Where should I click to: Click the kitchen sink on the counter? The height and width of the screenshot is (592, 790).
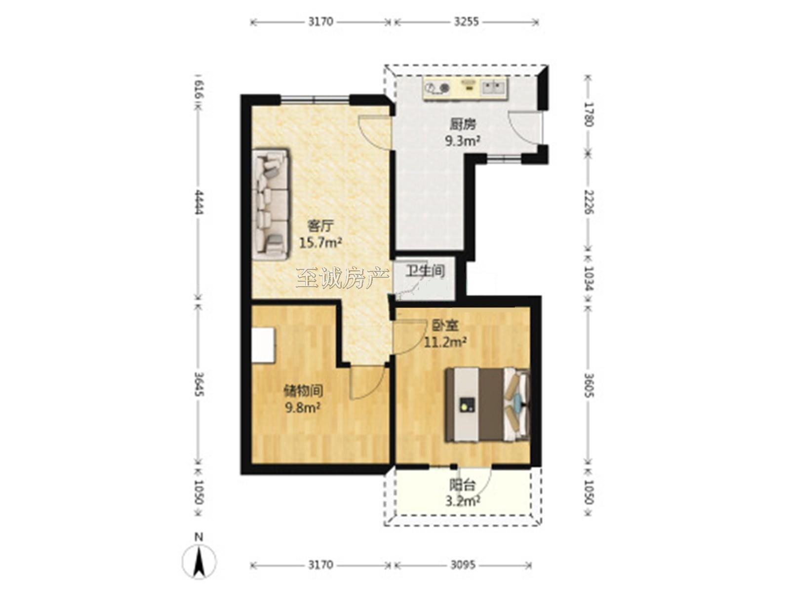pos(493,87)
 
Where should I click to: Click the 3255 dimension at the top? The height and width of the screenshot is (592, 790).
pos(466,22)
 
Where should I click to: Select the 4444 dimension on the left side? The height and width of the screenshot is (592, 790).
pos(199,202)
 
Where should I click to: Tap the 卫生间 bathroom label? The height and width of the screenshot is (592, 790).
pos(426,271)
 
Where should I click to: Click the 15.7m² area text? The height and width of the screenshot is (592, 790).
pos(320,243)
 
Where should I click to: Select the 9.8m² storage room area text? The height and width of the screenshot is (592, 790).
pos(303,408)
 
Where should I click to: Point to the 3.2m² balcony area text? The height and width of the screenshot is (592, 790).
pos(463,500)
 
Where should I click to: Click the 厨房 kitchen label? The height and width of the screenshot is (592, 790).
pos(463,124)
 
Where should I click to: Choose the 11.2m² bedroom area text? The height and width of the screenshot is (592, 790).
pos(445,342)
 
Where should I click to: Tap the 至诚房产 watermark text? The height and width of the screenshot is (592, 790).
pos(343,279)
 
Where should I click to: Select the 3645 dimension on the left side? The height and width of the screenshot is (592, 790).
pos(199,384)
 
